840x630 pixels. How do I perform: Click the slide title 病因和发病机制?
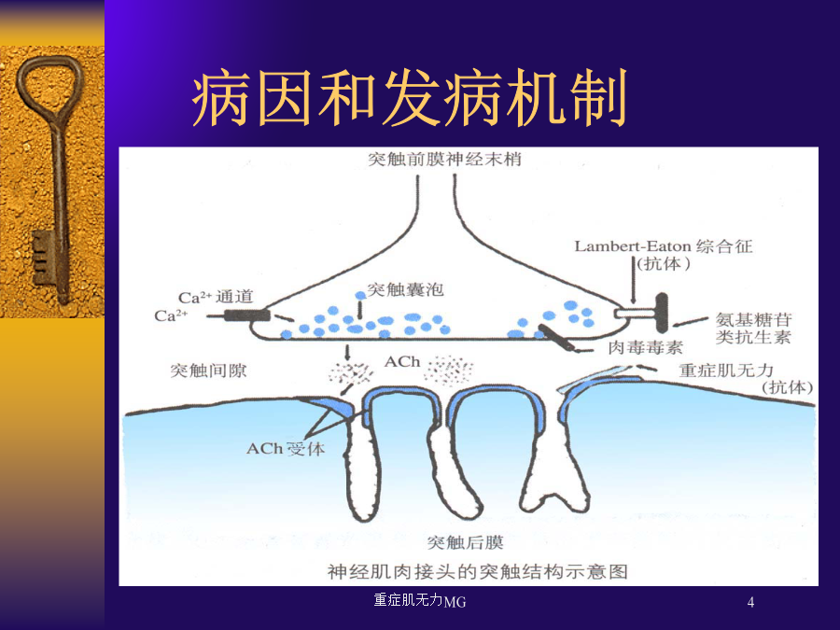click(410, 98)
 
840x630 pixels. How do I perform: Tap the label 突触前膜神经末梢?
click(444, 159)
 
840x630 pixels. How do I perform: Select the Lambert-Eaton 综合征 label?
click(664, 246)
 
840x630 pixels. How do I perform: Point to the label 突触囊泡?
click(406, 290)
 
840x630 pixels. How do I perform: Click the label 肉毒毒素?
click(646, 348)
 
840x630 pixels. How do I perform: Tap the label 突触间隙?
click(208, 371)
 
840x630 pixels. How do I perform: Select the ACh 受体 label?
click(286, 448)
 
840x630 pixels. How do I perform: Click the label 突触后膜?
click(465, 542)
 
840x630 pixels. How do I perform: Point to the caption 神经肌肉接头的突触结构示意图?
click(477, 571)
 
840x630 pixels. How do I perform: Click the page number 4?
click(750, 602)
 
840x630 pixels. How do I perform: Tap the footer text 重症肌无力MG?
click(419, 600)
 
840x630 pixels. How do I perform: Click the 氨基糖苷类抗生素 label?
click(754, 329)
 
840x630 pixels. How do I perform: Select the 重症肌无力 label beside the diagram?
click(726, 371)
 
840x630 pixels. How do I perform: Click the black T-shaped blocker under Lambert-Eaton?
click(661, 312)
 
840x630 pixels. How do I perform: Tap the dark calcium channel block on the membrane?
click(246, 315)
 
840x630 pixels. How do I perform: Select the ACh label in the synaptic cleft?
click(401, 361)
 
